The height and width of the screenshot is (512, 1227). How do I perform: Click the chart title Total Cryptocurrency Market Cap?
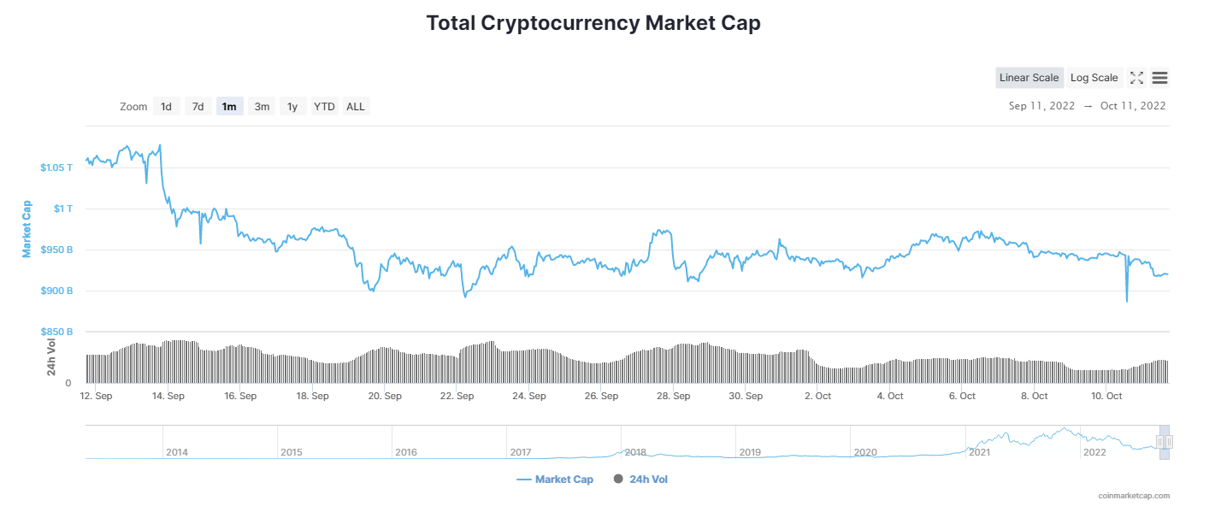pos(593,23)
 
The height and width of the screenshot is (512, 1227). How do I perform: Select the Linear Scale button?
pos(1029,78)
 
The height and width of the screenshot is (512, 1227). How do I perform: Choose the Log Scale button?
pos(1094,78)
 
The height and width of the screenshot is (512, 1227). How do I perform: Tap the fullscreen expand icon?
pos(1136,78)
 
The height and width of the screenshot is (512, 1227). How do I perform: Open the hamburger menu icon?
pos(1159,78)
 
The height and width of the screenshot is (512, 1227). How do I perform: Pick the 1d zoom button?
pos(166,107)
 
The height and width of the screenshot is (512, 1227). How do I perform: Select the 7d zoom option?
pos(198,107)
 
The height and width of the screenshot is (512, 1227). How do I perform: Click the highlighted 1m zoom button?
pos(229,107)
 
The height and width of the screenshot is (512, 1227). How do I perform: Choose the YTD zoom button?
pos(324,107)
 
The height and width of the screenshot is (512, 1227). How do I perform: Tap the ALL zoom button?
pos(356,107)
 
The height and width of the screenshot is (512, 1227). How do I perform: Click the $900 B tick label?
pos(56,291)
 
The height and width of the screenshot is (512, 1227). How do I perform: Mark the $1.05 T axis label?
pos(56,168)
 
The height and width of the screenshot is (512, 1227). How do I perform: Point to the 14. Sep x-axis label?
pos(168,397)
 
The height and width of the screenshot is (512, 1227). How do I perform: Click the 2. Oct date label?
pos(818,397)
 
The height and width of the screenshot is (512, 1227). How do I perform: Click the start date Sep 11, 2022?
pos(1042,106)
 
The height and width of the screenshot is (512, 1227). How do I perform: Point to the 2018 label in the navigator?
pos(635,451)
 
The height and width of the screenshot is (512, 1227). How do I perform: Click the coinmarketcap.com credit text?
pos(1134,496)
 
